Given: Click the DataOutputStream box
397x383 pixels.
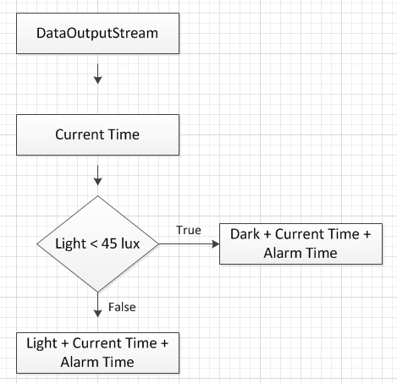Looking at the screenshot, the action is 97,33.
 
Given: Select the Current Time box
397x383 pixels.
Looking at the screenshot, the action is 97,134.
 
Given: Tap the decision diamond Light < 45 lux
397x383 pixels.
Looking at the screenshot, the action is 97,243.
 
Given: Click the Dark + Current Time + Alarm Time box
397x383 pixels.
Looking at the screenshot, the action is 301,243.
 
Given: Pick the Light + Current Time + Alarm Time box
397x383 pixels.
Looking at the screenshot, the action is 97,353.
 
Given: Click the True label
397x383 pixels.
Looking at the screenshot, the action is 189,230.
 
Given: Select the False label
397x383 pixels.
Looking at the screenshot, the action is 122,307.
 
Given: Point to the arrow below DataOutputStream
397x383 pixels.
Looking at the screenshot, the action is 97,74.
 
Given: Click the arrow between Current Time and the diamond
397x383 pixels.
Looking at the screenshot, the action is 97,175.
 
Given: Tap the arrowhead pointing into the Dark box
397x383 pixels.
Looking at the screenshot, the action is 216,244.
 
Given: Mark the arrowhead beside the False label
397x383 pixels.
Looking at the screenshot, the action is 97,314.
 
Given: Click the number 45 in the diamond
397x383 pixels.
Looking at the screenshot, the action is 108,243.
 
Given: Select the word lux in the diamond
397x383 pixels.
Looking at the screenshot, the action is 130,243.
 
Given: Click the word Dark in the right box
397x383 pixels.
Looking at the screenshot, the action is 245,234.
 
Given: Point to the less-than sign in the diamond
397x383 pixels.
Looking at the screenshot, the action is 93,244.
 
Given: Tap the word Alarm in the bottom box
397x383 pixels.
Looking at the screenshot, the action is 79,362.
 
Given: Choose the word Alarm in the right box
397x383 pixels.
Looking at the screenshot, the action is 282,253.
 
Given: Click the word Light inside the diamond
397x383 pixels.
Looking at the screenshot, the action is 70,244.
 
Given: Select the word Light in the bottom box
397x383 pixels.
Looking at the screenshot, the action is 41,344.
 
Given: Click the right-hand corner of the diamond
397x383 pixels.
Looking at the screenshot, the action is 158,244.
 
